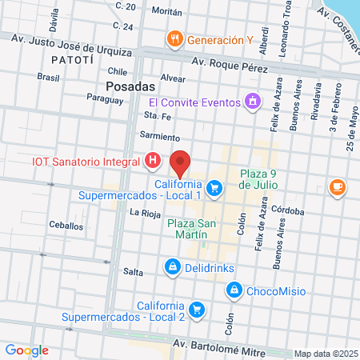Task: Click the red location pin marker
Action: pos(181,162)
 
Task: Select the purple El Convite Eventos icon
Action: pos(253,102)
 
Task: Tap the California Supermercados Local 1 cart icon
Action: pos(213,188)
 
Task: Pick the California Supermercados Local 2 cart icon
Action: pos(197,308)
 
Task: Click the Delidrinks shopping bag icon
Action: pos(171,266)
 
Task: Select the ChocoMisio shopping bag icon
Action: pos(234,290)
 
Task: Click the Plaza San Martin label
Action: pos(192,229)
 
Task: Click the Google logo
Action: pos(27,350)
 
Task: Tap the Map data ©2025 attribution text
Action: pos(325,354)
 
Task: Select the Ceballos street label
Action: pos(66,226)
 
